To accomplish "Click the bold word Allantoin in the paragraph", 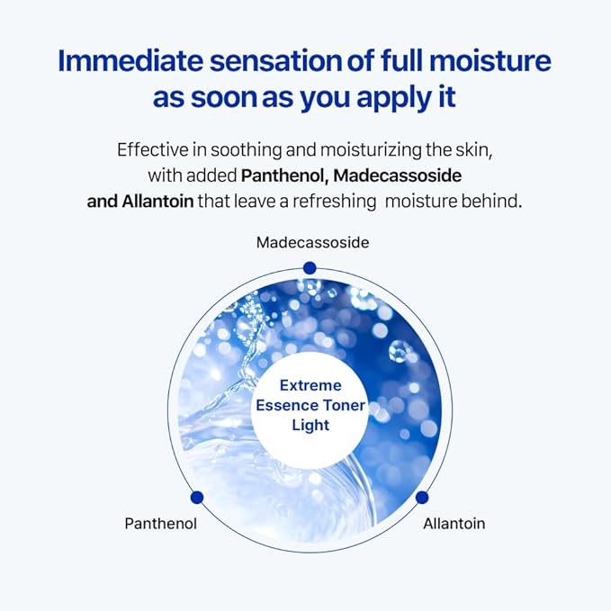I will [x=157, y=201].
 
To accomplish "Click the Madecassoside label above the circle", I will [x=312, y=242].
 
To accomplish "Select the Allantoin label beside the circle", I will [x=454, y=523].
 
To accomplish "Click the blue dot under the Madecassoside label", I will [x=310, y=267].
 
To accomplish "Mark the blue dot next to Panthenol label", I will [x=197, y=497].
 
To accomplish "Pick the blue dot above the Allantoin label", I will [x=422, y=497].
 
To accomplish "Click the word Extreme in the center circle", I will [x=310, y=386].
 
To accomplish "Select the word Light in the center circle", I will [x=310, y=426].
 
